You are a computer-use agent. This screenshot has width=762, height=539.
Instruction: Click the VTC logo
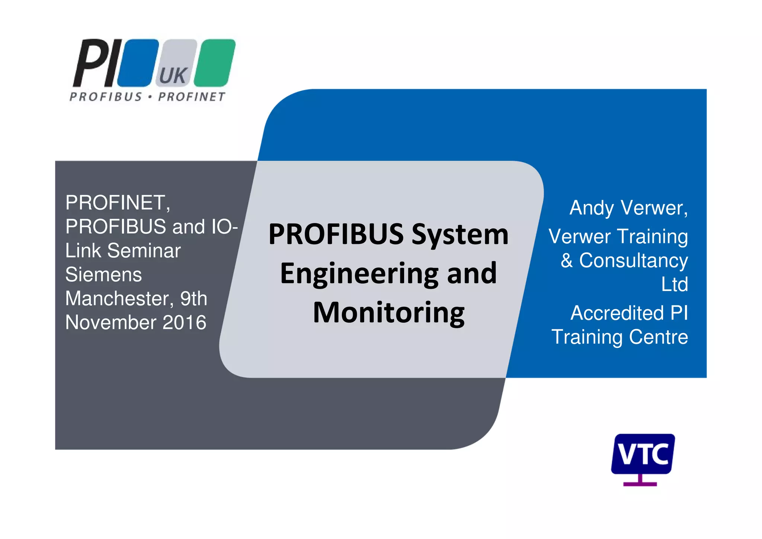(643, 454)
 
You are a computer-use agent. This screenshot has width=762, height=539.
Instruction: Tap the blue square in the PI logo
(138, 63)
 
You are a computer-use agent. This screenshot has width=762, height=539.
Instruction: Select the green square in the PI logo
(215, 63)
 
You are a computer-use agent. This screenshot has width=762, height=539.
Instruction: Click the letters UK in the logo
(173, 76)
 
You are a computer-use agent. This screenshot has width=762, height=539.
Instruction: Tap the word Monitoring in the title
(388, 313)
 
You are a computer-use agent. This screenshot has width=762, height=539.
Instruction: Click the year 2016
(185, 323)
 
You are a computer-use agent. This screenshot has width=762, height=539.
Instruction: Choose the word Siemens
(103, 275)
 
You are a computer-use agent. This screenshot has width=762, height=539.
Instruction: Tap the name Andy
(592, 208)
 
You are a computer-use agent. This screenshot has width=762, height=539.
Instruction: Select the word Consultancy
(633, 260)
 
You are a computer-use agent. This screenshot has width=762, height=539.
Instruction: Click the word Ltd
(674, 285)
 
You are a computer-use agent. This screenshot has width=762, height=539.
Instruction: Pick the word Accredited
(617, 313)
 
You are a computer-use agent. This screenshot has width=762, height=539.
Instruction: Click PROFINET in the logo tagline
(192, 97)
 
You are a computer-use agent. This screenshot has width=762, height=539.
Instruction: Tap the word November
(111, 323)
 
